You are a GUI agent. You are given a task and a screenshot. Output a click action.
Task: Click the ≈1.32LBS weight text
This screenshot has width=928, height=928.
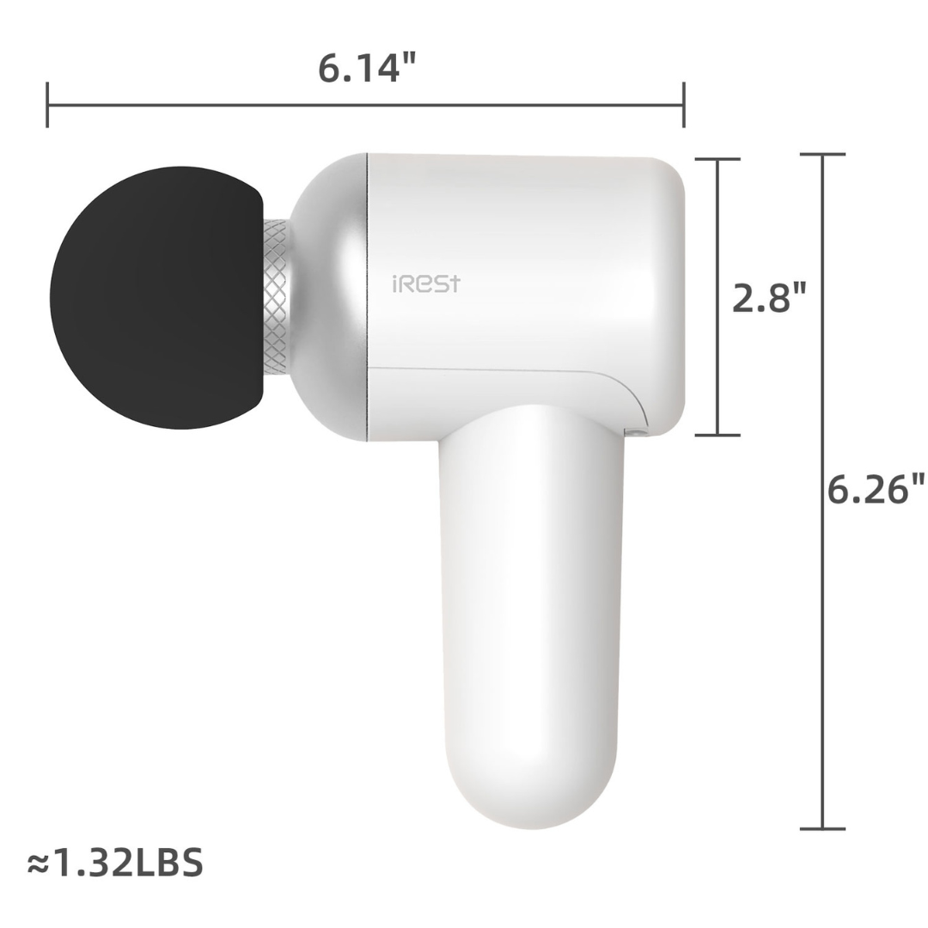tap(115, 862)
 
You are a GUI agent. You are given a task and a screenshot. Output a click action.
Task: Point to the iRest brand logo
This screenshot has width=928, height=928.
tap(425, 284)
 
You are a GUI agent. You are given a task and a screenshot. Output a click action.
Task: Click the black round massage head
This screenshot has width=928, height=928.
tap(155, 297)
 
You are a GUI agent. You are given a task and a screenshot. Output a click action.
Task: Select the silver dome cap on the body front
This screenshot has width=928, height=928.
tap(331, 297)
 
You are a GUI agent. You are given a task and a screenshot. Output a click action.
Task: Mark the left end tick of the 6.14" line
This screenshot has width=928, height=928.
tap(47, 105)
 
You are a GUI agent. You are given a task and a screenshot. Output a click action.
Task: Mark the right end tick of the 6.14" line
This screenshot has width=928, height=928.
tap(683, 105)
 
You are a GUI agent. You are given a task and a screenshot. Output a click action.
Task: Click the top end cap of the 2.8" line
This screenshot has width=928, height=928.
tap(717, 159)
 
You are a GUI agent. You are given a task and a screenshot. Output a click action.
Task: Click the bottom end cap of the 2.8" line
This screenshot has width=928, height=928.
tap(717, 435)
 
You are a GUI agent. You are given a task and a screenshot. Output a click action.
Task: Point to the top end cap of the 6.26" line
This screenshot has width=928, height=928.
tap(822, 155)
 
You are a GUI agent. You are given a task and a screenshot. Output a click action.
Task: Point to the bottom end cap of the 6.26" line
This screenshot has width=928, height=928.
tap(822, 828)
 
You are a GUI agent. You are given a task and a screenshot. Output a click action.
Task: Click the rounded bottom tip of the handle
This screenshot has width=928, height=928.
tap(530, 816)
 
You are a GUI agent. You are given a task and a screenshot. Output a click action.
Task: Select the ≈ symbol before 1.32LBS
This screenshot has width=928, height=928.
tap(38, 864)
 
